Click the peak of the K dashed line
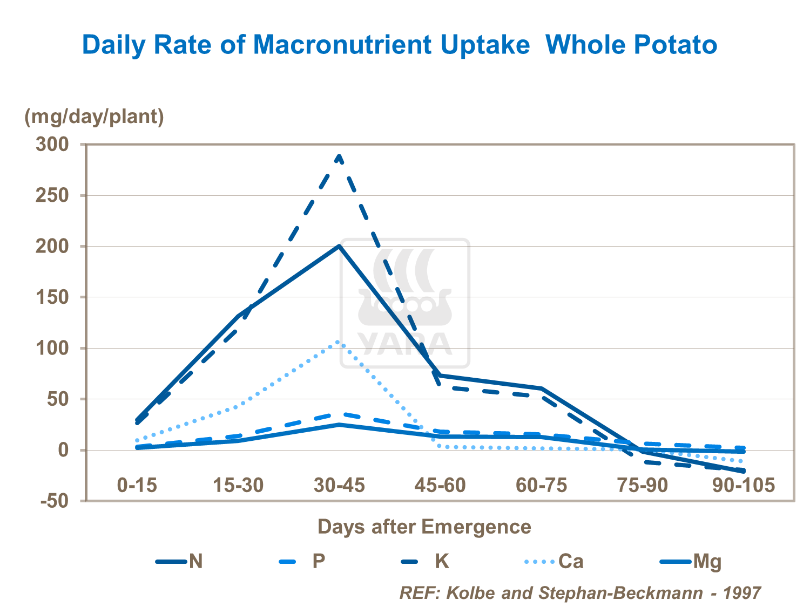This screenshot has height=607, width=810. pos(339,156)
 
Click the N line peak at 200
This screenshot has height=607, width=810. pos(339,246)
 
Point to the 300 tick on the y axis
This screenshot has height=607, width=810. pos(52,144)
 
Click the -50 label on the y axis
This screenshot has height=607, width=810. pos(55,501)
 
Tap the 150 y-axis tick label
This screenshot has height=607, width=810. pos(52,297)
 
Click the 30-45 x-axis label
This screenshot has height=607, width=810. pos(339,485)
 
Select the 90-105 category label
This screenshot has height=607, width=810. pos(744,485)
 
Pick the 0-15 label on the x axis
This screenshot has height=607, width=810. pos(137,485)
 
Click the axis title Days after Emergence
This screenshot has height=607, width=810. pos(424,526)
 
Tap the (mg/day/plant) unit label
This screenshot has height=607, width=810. pos(94,116)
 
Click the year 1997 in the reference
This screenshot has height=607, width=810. pos(742,592)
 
